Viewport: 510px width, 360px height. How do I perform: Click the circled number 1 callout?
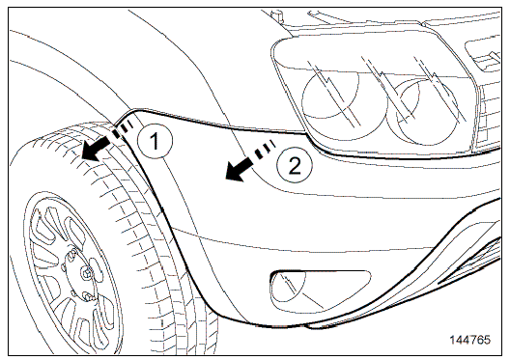coord(156,141)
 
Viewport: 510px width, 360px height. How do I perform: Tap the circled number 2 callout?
coord(295,166)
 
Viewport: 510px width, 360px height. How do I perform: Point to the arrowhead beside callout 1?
coord(91,152)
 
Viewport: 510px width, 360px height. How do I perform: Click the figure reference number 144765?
coord(470,340)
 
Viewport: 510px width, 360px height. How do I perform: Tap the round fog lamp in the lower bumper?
coord(289,288)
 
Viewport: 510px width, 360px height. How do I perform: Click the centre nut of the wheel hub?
coord(87,273)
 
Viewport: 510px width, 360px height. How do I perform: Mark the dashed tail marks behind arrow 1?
coord(123,128)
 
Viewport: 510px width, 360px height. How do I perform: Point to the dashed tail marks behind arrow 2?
coord(265,148)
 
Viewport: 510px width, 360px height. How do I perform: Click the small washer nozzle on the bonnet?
coord(276,14)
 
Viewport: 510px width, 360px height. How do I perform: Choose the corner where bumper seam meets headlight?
coord(306,133)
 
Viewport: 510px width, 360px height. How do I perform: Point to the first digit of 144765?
coord(452,340)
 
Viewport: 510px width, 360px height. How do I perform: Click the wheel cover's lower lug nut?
coord(87,295)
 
